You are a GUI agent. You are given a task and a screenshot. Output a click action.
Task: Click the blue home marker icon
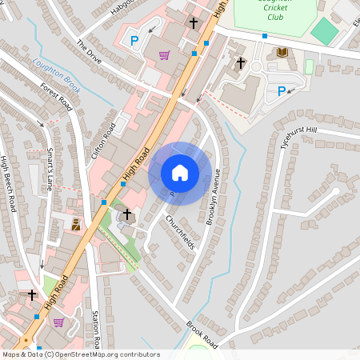click(x=180, y=173)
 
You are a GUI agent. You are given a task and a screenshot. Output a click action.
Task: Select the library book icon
click(x=282, y=53)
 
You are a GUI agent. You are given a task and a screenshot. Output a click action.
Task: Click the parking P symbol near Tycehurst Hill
click(x=281, y=91)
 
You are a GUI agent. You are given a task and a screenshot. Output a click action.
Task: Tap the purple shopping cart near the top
click(x=164, y=54)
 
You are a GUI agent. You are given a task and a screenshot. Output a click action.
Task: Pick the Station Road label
click(x=95, y=329)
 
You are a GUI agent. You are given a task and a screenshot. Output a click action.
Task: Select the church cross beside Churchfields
click(x=126, y=214)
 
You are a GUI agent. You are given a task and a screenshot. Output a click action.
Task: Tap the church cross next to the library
click(x=240, y=62)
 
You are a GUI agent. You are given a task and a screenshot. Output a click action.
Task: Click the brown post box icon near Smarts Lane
click(x=76, y=225)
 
